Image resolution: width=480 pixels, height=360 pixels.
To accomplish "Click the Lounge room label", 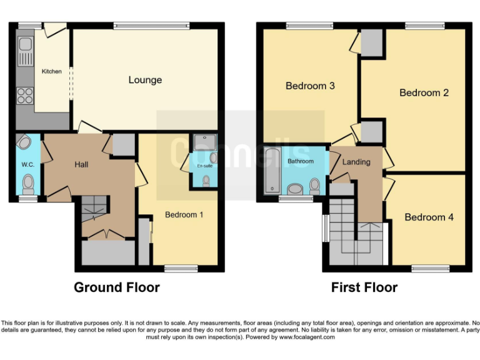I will (x=145, y=80).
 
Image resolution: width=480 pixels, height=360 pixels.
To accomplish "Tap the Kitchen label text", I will (x=51, y=71).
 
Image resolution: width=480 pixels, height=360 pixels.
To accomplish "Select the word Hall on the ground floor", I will (x=81, y=164).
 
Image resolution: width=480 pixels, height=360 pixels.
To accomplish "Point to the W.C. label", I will (x=27, y=164).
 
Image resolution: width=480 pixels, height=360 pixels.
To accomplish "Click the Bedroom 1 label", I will (x=184, y=214).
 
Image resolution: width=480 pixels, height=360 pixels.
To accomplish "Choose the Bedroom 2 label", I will (x=424, y=92).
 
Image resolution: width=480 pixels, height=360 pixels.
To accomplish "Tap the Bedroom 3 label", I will (x=310, y=86).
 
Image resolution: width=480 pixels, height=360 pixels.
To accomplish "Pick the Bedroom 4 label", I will (x=429, y=217).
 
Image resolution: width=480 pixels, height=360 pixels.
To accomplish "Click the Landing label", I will (x=356, y=162).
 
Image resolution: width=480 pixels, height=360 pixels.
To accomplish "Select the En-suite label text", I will (x=204, y=166).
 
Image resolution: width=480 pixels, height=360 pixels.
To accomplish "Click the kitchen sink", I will (x=26, y=49).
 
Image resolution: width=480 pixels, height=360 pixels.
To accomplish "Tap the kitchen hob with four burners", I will (x=25, y=96).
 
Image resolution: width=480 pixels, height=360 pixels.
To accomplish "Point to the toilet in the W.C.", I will (x=28, y=184).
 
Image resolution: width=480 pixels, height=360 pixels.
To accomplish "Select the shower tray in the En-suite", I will (x=204, y=142).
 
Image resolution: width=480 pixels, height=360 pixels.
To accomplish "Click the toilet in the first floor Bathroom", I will (x=315, y=185).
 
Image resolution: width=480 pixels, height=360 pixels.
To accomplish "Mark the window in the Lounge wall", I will (x=151, y=26).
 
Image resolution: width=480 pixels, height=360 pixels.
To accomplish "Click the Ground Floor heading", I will (x=117, y=287).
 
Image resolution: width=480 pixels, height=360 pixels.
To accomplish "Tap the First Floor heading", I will (x=364, y=287).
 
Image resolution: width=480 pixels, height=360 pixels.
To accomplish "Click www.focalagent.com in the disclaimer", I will (x=307, y=337).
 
